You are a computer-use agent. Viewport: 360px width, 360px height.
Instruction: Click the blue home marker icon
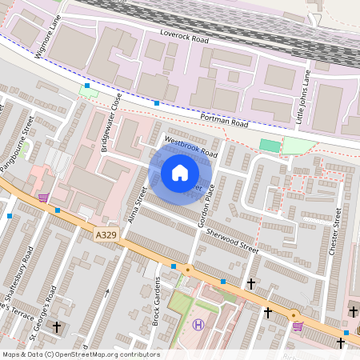click(180, 172)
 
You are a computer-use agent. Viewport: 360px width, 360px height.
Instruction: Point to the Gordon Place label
click(208, 205)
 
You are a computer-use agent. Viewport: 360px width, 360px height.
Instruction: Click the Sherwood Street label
click(233, 238)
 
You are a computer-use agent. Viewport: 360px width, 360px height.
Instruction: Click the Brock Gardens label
click(158, 301)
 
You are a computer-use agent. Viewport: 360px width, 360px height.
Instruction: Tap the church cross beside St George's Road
click(57, 327)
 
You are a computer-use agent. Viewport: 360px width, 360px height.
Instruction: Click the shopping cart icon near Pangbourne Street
click(42, 197)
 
